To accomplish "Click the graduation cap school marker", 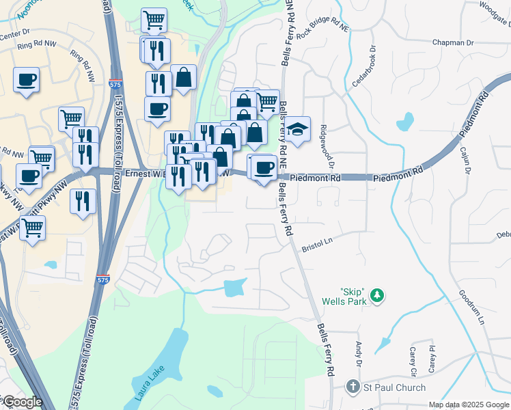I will point(297,130).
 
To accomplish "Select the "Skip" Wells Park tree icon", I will point(376,296).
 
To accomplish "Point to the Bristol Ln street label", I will point(316,242).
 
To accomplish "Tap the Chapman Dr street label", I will point(453,42).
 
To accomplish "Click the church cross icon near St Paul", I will point(353,387).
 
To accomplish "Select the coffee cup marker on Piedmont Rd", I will point(264,167).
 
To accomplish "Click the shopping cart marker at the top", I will point(154,20).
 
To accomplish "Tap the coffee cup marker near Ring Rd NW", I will point(26,80).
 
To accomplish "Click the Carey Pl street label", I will point(432,358).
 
